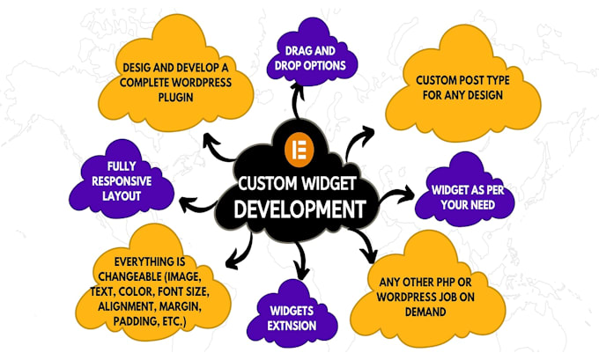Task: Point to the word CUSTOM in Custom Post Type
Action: (438, 79)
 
